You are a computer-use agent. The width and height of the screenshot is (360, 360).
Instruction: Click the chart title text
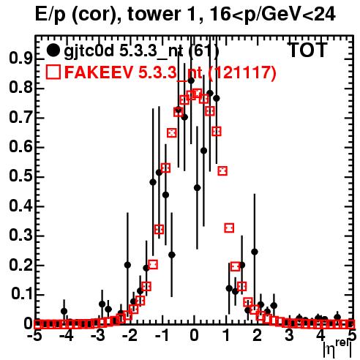click(185, 15)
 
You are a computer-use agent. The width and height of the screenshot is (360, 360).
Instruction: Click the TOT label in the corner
click(308, 50)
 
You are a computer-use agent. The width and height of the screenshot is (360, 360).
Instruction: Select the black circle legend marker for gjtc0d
click(53, 50)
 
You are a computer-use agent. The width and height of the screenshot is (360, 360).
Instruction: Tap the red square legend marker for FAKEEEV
click(53, 72)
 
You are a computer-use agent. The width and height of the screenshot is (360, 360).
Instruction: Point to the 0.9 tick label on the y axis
click(20, 59)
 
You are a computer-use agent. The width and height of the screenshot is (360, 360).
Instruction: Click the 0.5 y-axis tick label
click(20, 176)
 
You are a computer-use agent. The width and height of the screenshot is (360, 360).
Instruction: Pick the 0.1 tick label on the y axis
click(22, 294)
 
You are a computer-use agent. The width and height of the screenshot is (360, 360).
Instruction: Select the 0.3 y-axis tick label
click(20, 235)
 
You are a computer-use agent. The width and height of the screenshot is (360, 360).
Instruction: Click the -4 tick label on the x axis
click(66, 336)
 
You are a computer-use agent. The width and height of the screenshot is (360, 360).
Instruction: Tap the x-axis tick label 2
click(258, 336)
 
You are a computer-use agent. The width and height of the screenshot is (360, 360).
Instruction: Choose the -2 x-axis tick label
click(130, 336)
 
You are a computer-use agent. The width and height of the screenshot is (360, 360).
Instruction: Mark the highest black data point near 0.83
click(191, 80)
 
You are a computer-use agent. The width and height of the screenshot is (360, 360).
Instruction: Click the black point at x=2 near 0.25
click(255, 252)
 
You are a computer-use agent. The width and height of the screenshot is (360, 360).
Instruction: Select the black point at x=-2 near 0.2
click(127, 265)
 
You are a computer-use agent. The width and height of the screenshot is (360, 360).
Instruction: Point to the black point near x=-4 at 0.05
click(64, 311)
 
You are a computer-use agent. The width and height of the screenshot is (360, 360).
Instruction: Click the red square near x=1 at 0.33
click(229, 228)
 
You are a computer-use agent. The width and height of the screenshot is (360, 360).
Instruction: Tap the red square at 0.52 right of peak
click(222, 170)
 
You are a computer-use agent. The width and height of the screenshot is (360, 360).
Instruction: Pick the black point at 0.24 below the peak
click(172, 255)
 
